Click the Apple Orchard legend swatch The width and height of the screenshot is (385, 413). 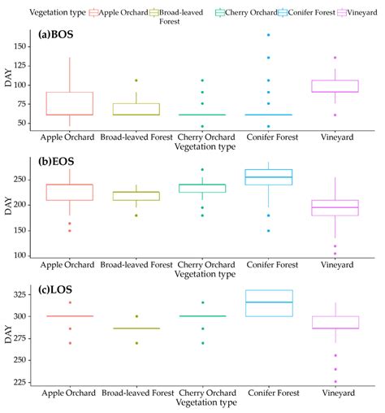pyautogui.click(x=94, y=13)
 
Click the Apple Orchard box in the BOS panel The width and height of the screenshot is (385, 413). pyautogui.click(x=70, y=103)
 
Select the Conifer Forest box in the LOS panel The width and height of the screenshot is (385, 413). pyautogui.click(x=269, y=303)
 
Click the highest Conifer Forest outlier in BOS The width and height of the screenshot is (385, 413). pyautogui.click(x=269, y=35)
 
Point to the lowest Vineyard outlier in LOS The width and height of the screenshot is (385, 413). pyautogui.click(x=335, y=382)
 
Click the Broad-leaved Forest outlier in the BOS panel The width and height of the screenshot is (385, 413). pyautogui.click(x=136, y=80)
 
